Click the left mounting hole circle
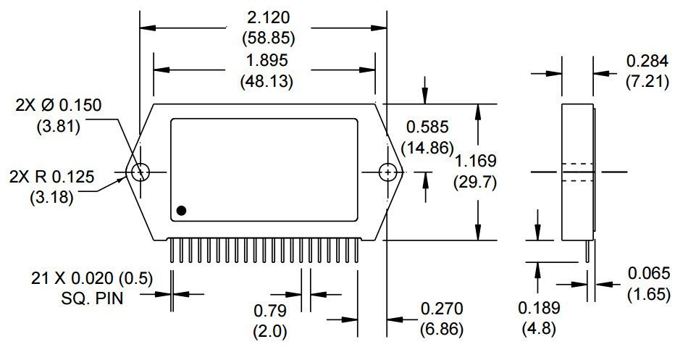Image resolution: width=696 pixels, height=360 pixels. [x=141, y=172]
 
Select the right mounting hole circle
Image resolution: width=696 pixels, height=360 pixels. [x=389, y=172]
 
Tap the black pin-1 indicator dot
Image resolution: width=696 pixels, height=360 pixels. [x=181, y=210]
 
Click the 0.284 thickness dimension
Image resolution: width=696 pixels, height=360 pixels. [x=647, y=61]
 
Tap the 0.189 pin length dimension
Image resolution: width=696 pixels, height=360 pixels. [x=539, y=308]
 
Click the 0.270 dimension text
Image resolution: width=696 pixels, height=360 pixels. [x=441, y=309]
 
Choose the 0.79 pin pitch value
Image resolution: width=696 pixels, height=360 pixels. [x=269, y=311]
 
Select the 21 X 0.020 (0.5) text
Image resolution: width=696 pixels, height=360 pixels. [x=92, y=278]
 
